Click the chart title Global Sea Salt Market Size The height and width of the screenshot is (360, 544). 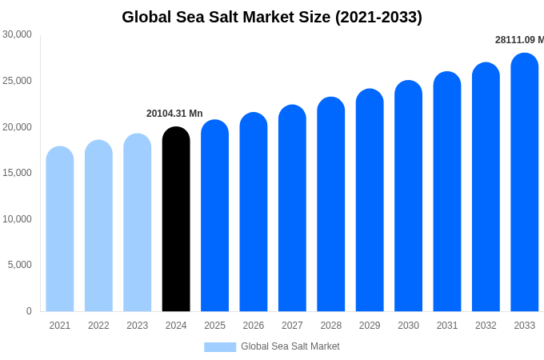click(272, 17)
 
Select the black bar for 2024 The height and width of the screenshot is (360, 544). click(176, 220)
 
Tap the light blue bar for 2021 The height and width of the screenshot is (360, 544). click(60, 230)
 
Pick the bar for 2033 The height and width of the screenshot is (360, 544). click(525, 183)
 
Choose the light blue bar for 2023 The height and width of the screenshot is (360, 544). click(138, 223)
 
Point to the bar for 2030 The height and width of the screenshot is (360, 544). click(408, 197)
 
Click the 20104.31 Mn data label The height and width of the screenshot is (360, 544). click(174, 114)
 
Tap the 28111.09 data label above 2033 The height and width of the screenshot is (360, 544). click(519, 40)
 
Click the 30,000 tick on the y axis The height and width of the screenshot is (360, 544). click(17, 34)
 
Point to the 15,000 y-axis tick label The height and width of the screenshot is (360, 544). click(17, 173)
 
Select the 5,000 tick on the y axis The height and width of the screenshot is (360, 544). click(19, 265)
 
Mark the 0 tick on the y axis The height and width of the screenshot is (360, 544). click(29, 311)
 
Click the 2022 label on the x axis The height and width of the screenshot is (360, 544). click(98, 326)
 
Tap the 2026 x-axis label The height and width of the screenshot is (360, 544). click(254, 326)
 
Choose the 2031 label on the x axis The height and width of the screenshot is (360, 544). click(447, 326)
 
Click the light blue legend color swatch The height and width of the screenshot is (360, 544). click(220, 347)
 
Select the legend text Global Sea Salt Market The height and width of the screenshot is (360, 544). click(290, 346)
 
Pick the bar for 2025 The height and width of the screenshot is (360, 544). click(214, 216)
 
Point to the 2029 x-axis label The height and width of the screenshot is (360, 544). click(370, 326)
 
